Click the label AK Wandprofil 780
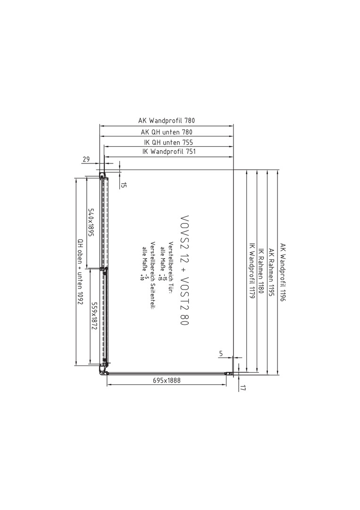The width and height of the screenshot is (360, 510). click(167, 121)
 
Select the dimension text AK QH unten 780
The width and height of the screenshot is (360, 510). click(167, 132)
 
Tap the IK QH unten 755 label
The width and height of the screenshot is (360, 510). click(168, 143)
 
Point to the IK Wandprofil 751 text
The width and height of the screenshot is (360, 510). click(169, 152)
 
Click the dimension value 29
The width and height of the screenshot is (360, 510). click(86, 160)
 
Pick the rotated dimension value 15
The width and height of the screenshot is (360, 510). click(124, 186)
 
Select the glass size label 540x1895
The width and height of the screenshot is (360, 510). click(92, 223)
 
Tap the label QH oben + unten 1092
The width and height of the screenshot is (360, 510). click(80, 272)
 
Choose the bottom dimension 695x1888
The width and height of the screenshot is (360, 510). click(167, 380)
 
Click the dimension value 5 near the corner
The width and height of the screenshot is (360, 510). click(221, 354)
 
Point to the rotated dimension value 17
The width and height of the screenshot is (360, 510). click(243, 388)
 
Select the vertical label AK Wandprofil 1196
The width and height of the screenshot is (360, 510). click(282, 272)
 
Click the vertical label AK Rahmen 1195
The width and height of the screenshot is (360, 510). click(272, 272)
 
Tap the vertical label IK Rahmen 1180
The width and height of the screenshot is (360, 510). click(260, 272)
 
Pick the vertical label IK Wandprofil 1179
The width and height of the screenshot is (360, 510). click(251, 272)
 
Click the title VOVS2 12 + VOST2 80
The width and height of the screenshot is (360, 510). click(184, 270)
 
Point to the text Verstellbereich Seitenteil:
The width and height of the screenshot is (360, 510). click(152, 275)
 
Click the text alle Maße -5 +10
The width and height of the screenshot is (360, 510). click(144, 263)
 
